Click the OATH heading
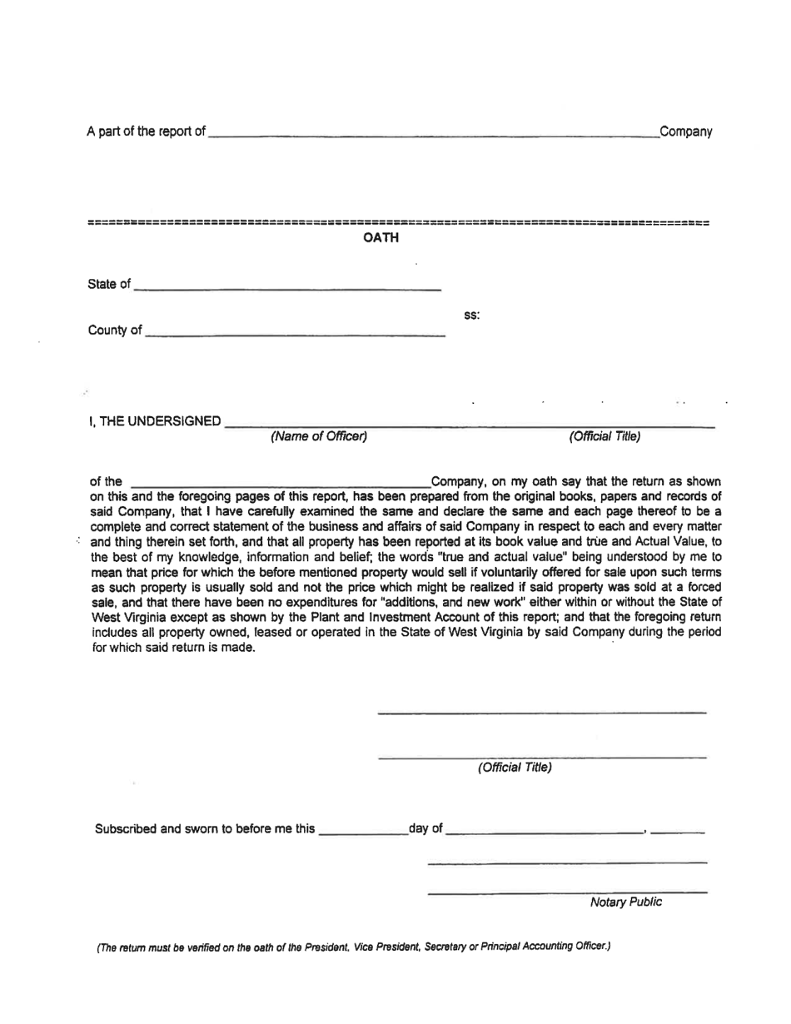[x=381, y=239]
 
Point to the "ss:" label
[x=471, y=316]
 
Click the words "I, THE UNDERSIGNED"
[x=155, y=422]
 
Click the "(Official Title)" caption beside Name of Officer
[x=604, y=436]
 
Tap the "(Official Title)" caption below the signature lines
[x=514, y=768]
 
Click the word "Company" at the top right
[x=685, y=132]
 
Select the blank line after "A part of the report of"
[x=431, y=133]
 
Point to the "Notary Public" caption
[x=625, y=902]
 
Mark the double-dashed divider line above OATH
[x=398, y=223]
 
